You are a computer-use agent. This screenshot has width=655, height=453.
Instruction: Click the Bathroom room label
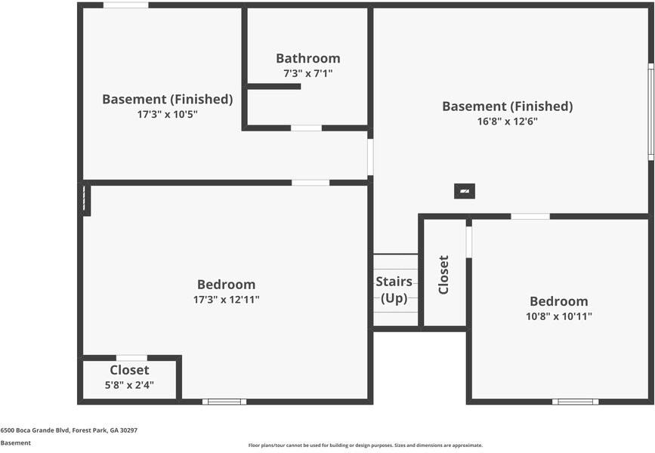[307, 58]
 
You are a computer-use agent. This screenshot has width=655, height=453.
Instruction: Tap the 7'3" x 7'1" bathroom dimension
[307, 74]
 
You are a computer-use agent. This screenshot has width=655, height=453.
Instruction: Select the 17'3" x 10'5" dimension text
[167, 115]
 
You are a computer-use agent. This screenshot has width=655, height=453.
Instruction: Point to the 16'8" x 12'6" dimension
[507, 122]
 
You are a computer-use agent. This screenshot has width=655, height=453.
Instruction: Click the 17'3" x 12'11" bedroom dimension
[226, 300]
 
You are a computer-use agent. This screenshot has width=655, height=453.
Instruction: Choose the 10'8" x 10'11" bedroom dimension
[558, 316]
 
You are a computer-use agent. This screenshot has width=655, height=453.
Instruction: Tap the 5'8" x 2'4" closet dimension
[129, 386]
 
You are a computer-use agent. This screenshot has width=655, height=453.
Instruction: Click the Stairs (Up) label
[394, 290]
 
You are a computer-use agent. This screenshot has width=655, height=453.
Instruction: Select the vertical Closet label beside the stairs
[443, 275]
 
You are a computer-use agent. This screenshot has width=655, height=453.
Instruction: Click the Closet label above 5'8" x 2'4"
[129, 370]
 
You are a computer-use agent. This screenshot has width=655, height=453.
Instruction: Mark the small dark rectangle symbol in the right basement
[465, 191]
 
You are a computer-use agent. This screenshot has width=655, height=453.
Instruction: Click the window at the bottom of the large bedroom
[224, 402]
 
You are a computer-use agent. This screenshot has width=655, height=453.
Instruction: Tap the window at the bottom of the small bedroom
[575, 402]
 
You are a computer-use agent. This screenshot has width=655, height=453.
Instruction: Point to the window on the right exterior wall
[650, 111]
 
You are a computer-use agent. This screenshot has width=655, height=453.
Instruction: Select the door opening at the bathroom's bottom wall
[306, 128]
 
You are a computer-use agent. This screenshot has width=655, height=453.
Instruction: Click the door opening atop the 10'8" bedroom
[530, 217]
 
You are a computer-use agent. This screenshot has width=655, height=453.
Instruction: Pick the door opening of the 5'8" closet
[131, 358]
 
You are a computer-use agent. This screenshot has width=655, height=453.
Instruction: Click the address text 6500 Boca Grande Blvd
[69, 430]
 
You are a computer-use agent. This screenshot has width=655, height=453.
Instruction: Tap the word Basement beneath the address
[15, 443]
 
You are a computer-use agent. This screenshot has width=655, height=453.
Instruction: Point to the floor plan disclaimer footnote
[365, 445]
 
